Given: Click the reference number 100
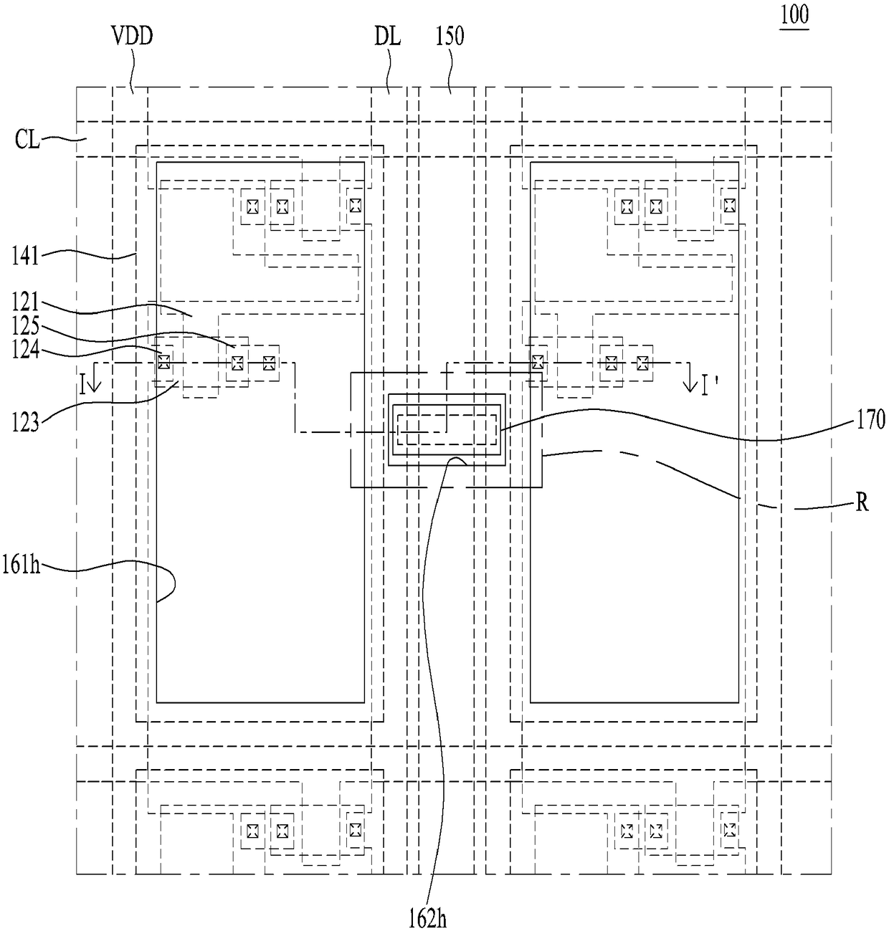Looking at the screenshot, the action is click(x=794, y=15).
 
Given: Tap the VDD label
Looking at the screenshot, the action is click(x=132, y=36).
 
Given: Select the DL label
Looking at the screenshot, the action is click(x=388, y=37).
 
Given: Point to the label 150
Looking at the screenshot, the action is click(x=450, y=37).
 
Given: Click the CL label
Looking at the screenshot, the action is click(x=27, y=140).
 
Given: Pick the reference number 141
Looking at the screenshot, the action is click(x=25, y=257).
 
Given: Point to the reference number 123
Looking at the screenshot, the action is click(x=25, y=422).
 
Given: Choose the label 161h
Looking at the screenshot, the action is click(x=21, y=565).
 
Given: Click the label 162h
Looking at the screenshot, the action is click(x=427, y=920).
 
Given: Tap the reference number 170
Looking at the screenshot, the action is click(x=871, y=419).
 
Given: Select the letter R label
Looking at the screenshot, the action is click(x=862, y=503).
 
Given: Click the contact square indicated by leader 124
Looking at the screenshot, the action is click(x=163, y=362).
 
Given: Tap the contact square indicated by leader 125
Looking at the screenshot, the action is click(x=237, y=363).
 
